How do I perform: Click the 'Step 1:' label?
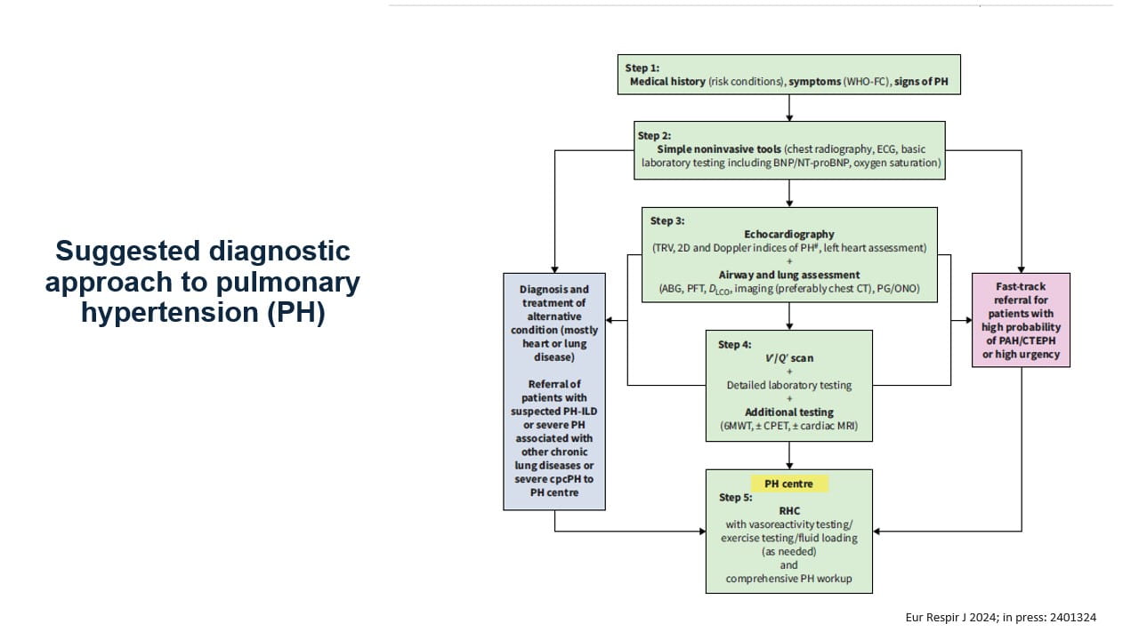[642, 68]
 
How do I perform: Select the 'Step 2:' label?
[654, 136]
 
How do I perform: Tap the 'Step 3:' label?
[667, 220]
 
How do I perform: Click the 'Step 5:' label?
[736, 498]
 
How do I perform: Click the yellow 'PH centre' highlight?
[788, 484]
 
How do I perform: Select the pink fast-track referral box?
[1021, 320]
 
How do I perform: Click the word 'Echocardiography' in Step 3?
[788, 235]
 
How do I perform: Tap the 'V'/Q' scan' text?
[788, 358]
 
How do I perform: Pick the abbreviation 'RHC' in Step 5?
[788, 511]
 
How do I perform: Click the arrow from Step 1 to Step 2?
[789, 108]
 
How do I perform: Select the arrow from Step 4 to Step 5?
[789, 455]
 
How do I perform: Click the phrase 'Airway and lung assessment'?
[788, 275]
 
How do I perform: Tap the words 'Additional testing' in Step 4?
[788, 412]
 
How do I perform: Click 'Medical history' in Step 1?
[667, 82]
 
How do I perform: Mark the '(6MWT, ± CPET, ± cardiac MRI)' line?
[788, 427]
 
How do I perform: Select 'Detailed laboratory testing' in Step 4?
[788, 385]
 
